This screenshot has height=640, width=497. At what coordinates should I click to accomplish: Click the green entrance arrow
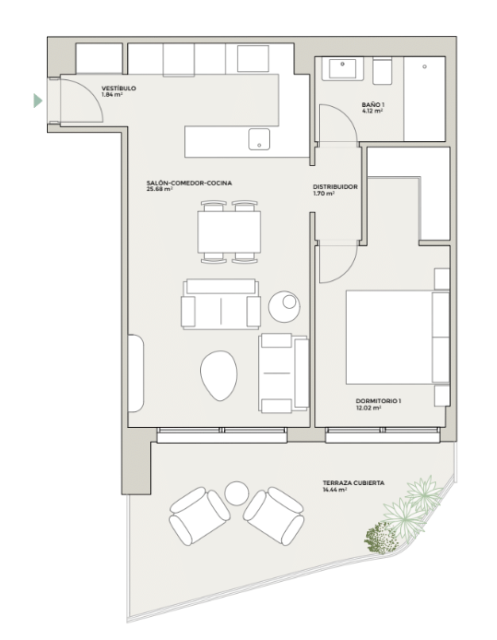(38, 101)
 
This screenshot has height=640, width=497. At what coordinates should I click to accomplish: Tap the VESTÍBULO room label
(119, 89)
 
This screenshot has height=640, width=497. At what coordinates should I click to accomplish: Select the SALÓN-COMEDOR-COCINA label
(189, 183)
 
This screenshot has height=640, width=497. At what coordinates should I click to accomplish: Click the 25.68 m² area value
(160, 189)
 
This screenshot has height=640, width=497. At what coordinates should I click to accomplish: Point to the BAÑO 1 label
(373, 104)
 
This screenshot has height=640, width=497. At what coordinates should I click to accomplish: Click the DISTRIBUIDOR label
(336, 186)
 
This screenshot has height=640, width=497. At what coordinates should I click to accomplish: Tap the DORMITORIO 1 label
(378, 401)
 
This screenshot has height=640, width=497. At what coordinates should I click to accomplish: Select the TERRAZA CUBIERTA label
(353, 483)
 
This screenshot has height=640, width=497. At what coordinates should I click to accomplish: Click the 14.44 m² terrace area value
(335, 490)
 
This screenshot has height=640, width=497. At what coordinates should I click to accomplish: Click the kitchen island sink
(259, 139)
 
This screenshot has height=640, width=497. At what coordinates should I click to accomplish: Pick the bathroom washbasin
(342, 68)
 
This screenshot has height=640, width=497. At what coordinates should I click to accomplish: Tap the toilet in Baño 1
(383, 71)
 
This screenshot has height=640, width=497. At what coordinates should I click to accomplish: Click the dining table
(229, 231)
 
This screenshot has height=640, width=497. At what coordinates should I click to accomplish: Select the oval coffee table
(219, 375)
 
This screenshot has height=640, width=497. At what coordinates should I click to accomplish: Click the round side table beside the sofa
(284, 306)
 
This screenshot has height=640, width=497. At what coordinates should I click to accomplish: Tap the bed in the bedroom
(397, 338)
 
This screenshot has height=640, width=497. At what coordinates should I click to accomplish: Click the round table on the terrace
(237, 493)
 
